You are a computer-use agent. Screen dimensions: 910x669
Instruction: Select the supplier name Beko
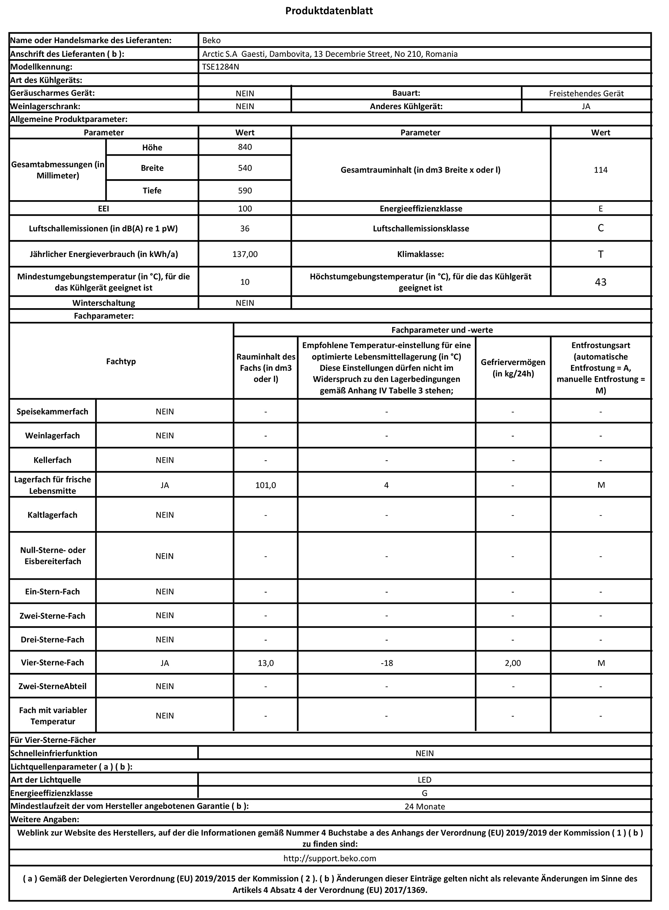pyautogui.click(x=211, y=41)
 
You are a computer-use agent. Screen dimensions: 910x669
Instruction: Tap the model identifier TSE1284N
pyautogui.click(x=221, y=67)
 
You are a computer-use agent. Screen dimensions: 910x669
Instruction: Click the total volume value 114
pyautogui.click(x=601, y=170)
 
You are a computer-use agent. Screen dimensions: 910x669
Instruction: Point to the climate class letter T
pyautogui.click(x=601, y=255)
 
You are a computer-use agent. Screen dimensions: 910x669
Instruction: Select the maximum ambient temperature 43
pyautogui.click(x=601, y=282)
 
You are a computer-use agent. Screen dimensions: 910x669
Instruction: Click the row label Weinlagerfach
pyautogui.click(x=53, y=435)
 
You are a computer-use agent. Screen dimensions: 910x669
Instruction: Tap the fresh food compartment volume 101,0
pyautogui.click(x=266, y=485)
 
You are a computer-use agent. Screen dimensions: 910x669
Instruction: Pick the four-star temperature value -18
pyautogui.click(x=387, y=663)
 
